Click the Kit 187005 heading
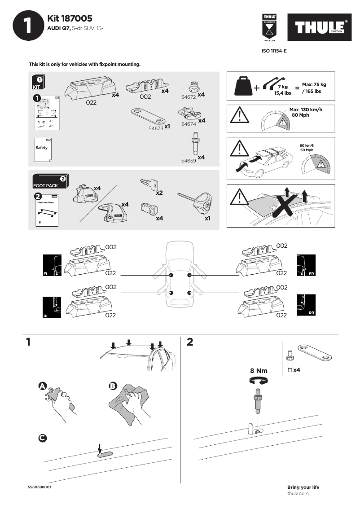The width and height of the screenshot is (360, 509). pyautogui.click(x=70, y=18)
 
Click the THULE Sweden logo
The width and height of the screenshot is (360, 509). pyautogui.click(x=320, y=28)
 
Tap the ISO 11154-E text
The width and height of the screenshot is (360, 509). pyautogui.click(x=274, y=51)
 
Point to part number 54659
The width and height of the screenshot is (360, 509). pyautogui.click(x=188, y=159)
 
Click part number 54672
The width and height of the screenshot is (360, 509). pyautogui.click(x=188, y=96)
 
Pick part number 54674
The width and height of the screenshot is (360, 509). pyautogui.click(x=189, y=123)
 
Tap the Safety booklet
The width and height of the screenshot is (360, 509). pyautogui.click(x=43, y=148)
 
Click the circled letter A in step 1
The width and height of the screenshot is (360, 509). pyautogui.click(x=42, y=386)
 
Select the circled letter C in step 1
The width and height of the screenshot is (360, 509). pyautogui.click(x=42, y=438)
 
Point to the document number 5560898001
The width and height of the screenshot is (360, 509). pyautogui.click(x=39, y=487)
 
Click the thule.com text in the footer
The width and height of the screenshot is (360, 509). pyautogui.click(x=298, y=493)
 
